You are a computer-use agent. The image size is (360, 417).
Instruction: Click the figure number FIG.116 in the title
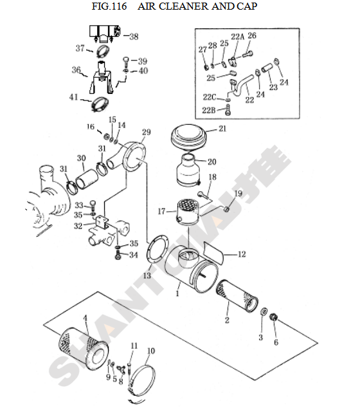click(x=109, y=6)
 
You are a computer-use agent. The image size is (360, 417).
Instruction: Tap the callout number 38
click(x=134, y=37)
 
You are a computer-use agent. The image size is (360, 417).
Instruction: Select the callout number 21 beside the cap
click(x=222, y=129)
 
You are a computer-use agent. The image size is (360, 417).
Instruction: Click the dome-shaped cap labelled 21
click(x=188, y=138)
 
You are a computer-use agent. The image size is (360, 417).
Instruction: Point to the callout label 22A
click(x=237, y=37)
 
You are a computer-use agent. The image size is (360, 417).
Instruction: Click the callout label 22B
click(x=208, y=110)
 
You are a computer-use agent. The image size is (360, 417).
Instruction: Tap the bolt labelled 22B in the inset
click(x=228, y=110)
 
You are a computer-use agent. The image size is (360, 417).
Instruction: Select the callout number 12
click(x=242, y=254)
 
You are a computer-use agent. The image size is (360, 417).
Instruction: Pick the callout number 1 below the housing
click(x=177, y=293)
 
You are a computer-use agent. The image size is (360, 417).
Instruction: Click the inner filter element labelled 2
click(x=237, y=296)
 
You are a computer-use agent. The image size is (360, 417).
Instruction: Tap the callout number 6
click(x=276, y=342)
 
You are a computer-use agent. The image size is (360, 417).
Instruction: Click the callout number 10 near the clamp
click(x=151, y=351)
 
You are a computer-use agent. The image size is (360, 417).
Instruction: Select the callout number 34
click(x=133, y=255)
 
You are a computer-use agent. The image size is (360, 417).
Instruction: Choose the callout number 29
click(x=146, y=132)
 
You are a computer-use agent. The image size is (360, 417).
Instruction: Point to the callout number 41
click(x=73, y=97)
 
